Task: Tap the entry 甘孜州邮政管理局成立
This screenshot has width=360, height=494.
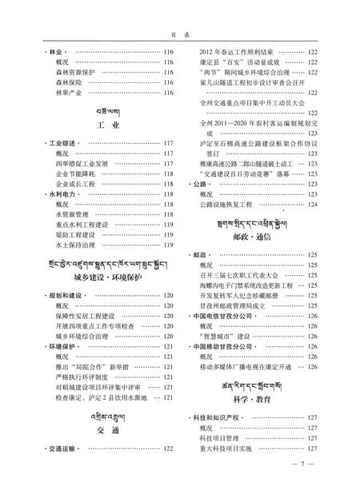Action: pos(239,306)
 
